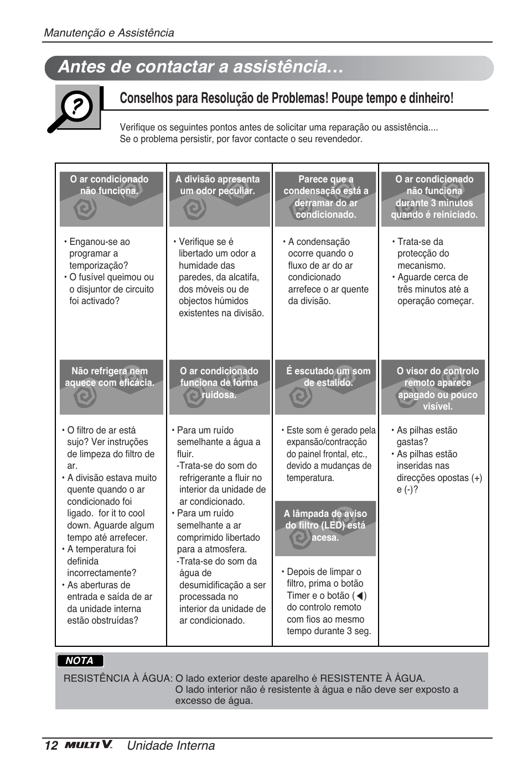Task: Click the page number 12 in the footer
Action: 51,745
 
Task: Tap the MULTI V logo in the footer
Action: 89,745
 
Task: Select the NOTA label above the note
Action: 80,661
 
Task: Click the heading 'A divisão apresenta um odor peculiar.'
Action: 218,185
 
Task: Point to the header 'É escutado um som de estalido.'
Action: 328,377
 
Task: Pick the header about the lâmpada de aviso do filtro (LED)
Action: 325,525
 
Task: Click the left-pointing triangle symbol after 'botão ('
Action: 360,596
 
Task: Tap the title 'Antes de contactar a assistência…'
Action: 200,67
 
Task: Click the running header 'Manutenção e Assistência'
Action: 109,33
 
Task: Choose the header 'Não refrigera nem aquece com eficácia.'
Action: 110,377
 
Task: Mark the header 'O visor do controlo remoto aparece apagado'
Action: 437,388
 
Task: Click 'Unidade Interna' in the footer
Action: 170,745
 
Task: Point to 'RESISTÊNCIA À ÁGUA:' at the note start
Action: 118,678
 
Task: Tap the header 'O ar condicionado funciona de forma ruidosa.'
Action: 219,383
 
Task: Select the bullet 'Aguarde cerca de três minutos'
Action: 434,289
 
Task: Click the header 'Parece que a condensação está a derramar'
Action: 326,197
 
